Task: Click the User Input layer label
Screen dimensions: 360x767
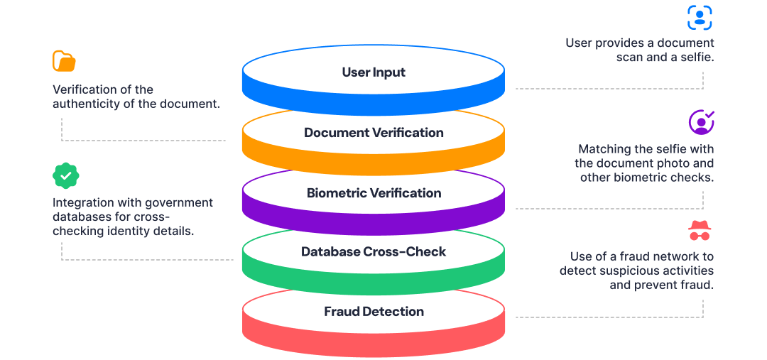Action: click(x=374, y=72)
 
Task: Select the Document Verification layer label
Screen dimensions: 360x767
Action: click(x=374, y=133)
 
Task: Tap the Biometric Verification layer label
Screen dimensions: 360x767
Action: click(x=374, y=193)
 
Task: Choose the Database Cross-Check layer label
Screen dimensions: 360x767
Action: click(x=374, y=252)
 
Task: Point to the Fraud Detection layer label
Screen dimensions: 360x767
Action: click(x=374, y=312)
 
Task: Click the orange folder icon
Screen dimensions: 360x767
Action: click(x=64, y=61)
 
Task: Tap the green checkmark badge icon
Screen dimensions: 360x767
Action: click(x=65, y=175)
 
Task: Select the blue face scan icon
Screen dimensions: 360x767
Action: click(x=700, y=17)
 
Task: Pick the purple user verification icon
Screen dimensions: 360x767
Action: click(x=701, y=122)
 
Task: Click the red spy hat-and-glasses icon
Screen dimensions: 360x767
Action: click(x=700, y=231)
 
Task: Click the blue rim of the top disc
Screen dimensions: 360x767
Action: click(x=374, y=102)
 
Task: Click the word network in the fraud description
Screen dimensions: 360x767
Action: click(x=663, y=256)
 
